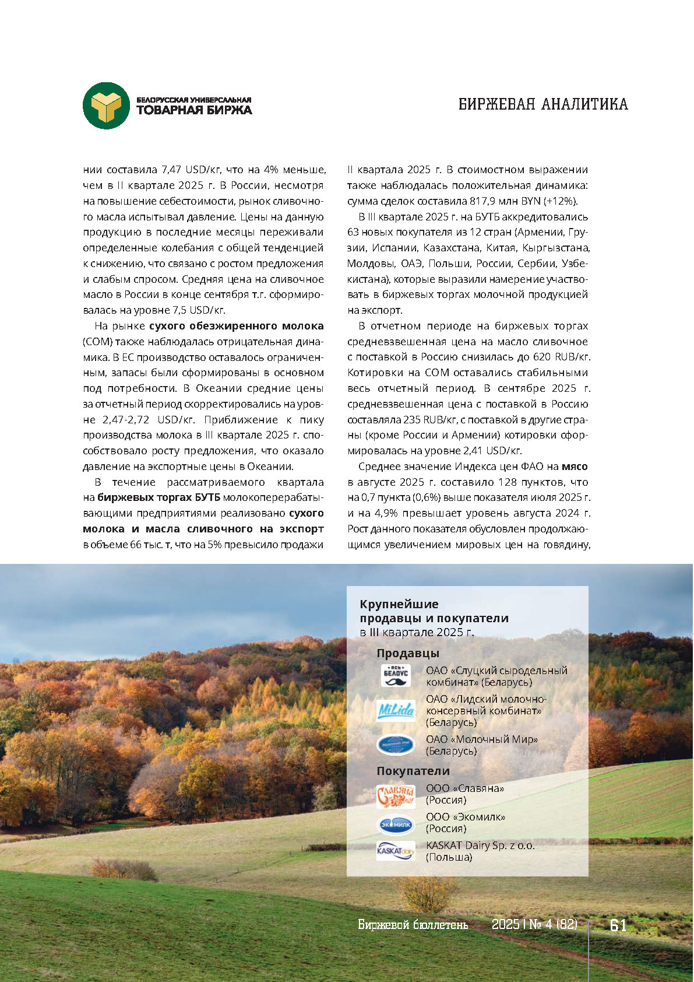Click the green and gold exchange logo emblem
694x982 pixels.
[x=105, y=106]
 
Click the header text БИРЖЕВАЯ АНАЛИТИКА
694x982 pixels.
[x=543, y=104]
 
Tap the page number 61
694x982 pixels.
[x=618, y=925]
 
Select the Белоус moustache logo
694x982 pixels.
[x=396, y=676]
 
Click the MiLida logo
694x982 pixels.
[x=396, y=710]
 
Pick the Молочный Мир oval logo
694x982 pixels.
[x=396, y=745]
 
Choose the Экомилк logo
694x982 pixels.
[x=396, y=824]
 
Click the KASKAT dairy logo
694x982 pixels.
[x=396, y=851]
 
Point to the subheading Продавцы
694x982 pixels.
[x=407, y=653]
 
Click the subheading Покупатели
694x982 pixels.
[x=413, y=771]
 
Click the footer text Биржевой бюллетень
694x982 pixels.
[x=413, y=925]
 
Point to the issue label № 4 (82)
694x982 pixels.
[x=553, y=925]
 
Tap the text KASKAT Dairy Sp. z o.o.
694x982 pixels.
[x=480, y=846]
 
